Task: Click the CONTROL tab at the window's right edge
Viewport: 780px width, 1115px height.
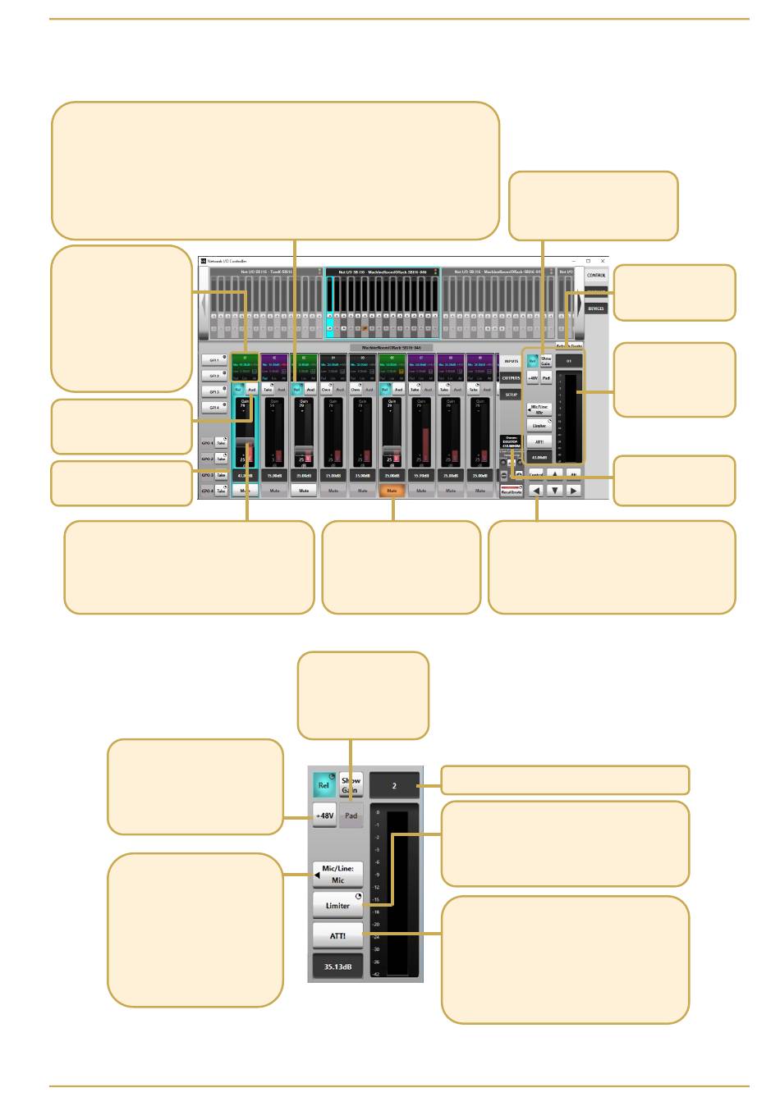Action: (x=596, y=275)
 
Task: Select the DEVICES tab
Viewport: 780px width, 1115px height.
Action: (x=596, y=308)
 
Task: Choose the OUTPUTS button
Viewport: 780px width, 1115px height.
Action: (x=511, y=378)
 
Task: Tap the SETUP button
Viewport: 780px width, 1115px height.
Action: (x=511, y=395)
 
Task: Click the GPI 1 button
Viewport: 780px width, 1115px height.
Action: (x=214, y=360)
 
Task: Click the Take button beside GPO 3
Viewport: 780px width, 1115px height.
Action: (x=221, y=475)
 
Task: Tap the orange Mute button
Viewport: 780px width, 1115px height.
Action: (x=392, y=491)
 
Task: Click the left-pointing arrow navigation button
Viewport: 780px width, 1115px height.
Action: (x=536, y=491)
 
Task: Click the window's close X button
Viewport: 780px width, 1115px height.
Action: (x=603, y=261)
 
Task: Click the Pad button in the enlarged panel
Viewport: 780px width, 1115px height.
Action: (x=351, y=816)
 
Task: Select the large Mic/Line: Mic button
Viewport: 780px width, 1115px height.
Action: (x=337, y=875)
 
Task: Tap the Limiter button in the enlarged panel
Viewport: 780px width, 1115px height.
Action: (x=337, y=906)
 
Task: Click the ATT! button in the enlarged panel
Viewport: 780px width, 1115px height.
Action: (x=337, y=936)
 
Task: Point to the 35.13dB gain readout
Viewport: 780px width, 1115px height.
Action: (x=337, y=967)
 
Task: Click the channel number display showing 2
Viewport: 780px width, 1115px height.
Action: (x=394, y=785)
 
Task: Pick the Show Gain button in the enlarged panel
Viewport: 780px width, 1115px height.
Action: (x=351, y=785)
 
